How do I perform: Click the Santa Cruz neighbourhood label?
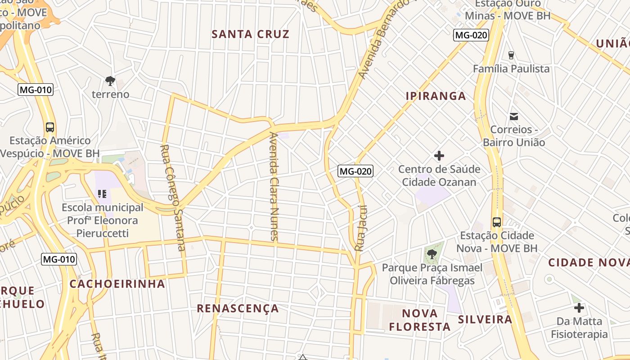[250, 34]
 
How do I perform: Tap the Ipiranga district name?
[436, 96]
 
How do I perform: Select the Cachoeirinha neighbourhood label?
[117, 284]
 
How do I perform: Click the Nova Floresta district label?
[419, 320]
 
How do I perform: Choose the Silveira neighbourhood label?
[485, 319]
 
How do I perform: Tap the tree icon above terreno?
[110, 81]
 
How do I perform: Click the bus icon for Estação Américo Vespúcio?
[50, 127]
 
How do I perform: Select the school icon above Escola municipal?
[102, 194]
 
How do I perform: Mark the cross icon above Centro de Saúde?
[439, 156]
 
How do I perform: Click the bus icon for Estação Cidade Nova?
[497, 222]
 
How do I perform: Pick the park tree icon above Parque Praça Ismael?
[432, 254]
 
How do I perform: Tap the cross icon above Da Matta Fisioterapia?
[579, 308]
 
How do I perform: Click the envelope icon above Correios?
[513, 117]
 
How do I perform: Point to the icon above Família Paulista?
[511, 55]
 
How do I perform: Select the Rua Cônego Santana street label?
[173, 198]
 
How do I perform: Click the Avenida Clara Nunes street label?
[274, 186]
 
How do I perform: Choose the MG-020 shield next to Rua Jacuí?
[355, 171]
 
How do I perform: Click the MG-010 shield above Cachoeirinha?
[59, 259]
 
